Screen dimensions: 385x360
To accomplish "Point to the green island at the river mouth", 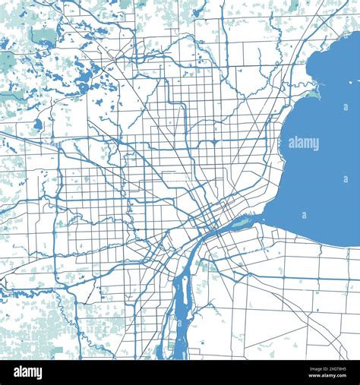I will pyautogui.click(x=242, y=222).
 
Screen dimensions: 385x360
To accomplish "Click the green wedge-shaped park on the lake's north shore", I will pyautogui.click(x=314, y=93).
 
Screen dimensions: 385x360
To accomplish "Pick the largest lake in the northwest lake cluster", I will pyautogui.click(x=88, y=76).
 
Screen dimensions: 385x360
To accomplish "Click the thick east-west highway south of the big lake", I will pyautogui.click(x=304, y=277).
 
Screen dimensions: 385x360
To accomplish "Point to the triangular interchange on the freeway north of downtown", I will pyautogui.click(x=215, y=142).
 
